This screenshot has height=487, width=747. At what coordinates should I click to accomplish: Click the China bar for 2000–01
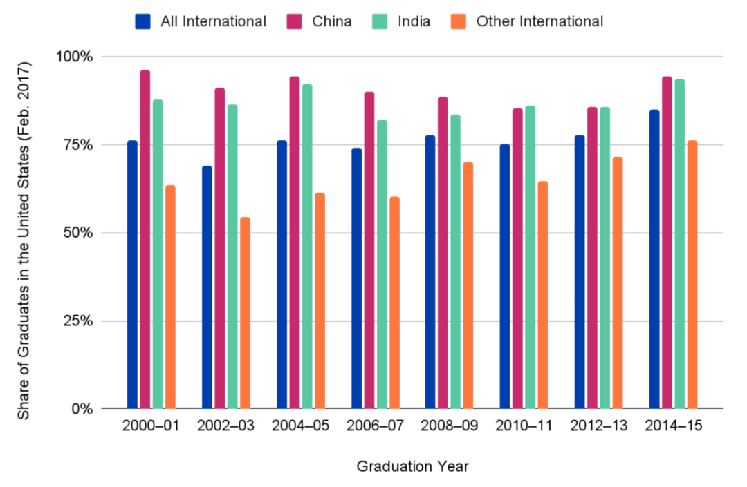tap(145, 239)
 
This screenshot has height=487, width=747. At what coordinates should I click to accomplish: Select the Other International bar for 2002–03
tap(245, 312)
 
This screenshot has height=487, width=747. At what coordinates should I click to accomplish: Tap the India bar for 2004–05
tap(307, 246)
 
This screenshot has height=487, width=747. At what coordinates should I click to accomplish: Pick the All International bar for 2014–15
tap(654, 258)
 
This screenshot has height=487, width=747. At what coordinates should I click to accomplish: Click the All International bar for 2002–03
tap(207, 287)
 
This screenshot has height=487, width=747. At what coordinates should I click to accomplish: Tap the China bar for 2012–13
tap(592, 258)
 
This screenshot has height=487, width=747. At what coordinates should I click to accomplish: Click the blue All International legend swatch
tap(144, 21)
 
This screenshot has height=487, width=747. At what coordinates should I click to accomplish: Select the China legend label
tap(332, 21)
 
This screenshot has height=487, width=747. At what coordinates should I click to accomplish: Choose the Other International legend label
tap(539, 21)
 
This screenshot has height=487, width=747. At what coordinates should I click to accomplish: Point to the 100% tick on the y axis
tap(74, 57)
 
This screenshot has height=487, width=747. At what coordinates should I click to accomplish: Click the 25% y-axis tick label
tap(77, 321)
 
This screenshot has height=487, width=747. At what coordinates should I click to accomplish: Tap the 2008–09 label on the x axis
tap(450, 426)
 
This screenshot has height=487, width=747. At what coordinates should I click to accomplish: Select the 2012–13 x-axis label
tap(599, 426)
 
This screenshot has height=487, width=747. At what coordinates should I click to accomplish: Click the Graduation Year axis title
tap(413, 467)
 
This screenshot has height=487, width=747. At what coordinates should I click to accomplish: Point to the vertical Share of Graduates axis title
tap(24, 240)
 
